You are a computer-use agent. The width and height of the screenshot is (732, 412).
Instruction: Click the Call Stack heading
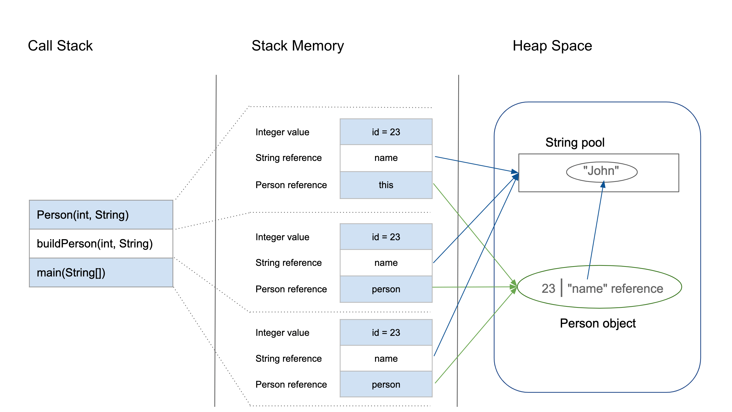pos(60,46)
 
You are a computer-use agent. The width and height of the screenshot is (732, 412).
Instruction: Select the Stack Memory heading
pos(298,46)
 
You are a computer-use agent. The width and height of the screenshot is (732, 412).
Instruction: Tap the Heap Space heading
pos(552,46)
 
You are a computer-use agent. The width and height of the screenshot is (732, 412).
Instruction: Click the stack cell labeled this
pos(386,185)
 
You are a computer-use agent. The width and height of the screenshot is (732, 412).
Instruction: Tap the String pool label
pos(575,143)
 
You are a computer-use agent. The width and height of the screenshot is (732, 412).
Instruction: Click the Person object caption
pos(598,323)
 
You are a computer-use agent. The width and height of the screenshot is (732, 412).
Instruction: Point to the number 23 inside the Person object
pos(548,289)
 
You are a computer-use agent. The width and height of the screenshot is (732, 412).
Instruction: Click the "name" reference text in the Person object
pos(615,289)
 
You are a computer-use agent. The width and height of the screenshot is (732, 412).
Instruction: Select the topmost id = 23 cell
pos(386,132)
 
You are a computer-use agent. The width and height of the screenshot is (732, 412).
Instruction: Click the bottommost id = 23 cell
pos(386,332)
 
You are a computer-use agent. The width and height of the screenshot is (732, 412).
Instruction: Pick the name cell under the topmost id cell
pos(386,158)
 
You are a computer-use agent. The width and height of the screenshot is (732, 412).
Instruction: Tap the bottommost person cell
pos(386,385)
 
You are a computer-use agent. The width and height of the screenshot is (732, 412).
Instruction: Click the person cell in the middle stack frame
pos(386,289)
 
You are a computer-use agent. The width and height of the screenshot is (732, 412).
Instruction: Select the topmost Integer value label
pos(282,132)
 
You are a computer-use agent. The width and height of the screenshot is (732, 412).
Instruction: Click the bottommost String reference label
pos(289,359)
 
